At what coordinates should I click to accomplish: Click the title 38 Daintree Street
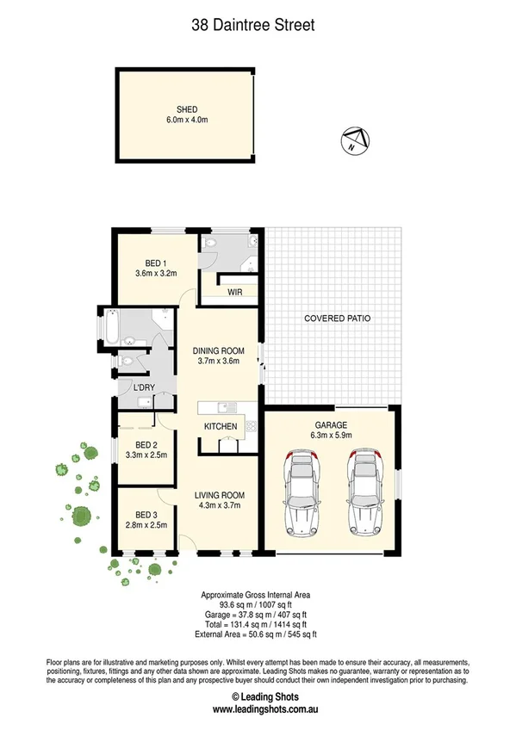tap(252, 26)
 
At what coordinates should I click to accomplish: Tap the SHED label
tap(187, 109)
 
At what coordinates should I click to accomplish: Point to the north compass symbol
tap(355, 140)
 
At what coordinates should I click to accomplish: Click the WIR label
tap(235, 293)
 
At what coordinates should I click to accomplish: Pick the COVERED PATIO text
tap(338, 319)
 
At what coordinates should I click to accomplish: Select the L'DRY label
tap(143, 387)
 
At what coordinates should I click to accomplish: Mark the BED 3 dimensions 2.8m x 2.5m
tap(146, 524)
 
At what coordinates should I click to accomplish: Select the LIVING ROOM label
tap(220, 495)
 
